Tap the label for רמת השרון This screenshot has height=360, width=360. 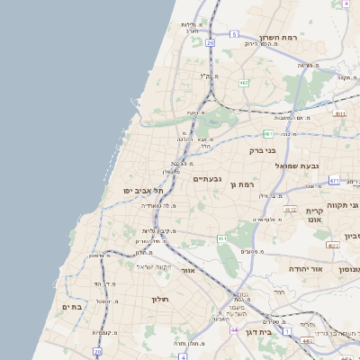pyautogui.click(x=279, y=38)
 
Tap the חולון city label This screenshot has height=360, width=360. pyautogui.click(x=160, y=299)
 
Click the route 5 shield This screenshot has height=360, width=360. pyautogui.click(x=234, y=34)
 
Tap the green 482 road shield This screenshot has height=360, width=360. pyautogui.click(x=244, y=83)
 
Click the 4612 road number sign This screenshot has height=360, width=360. pyautogui.click(x=290, y=209)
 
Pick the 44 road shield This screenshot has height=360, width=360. pyautogui.click(x=235, y=330)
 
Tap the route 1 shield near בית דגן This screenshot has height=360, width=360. pyautogui.click(x=288, y=331)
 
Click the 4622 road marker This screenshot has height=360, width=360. pyautogui.click(x=333, y=245)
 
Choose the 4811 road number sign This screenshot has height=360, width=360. pyautogui.click(x=338, y=114)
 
